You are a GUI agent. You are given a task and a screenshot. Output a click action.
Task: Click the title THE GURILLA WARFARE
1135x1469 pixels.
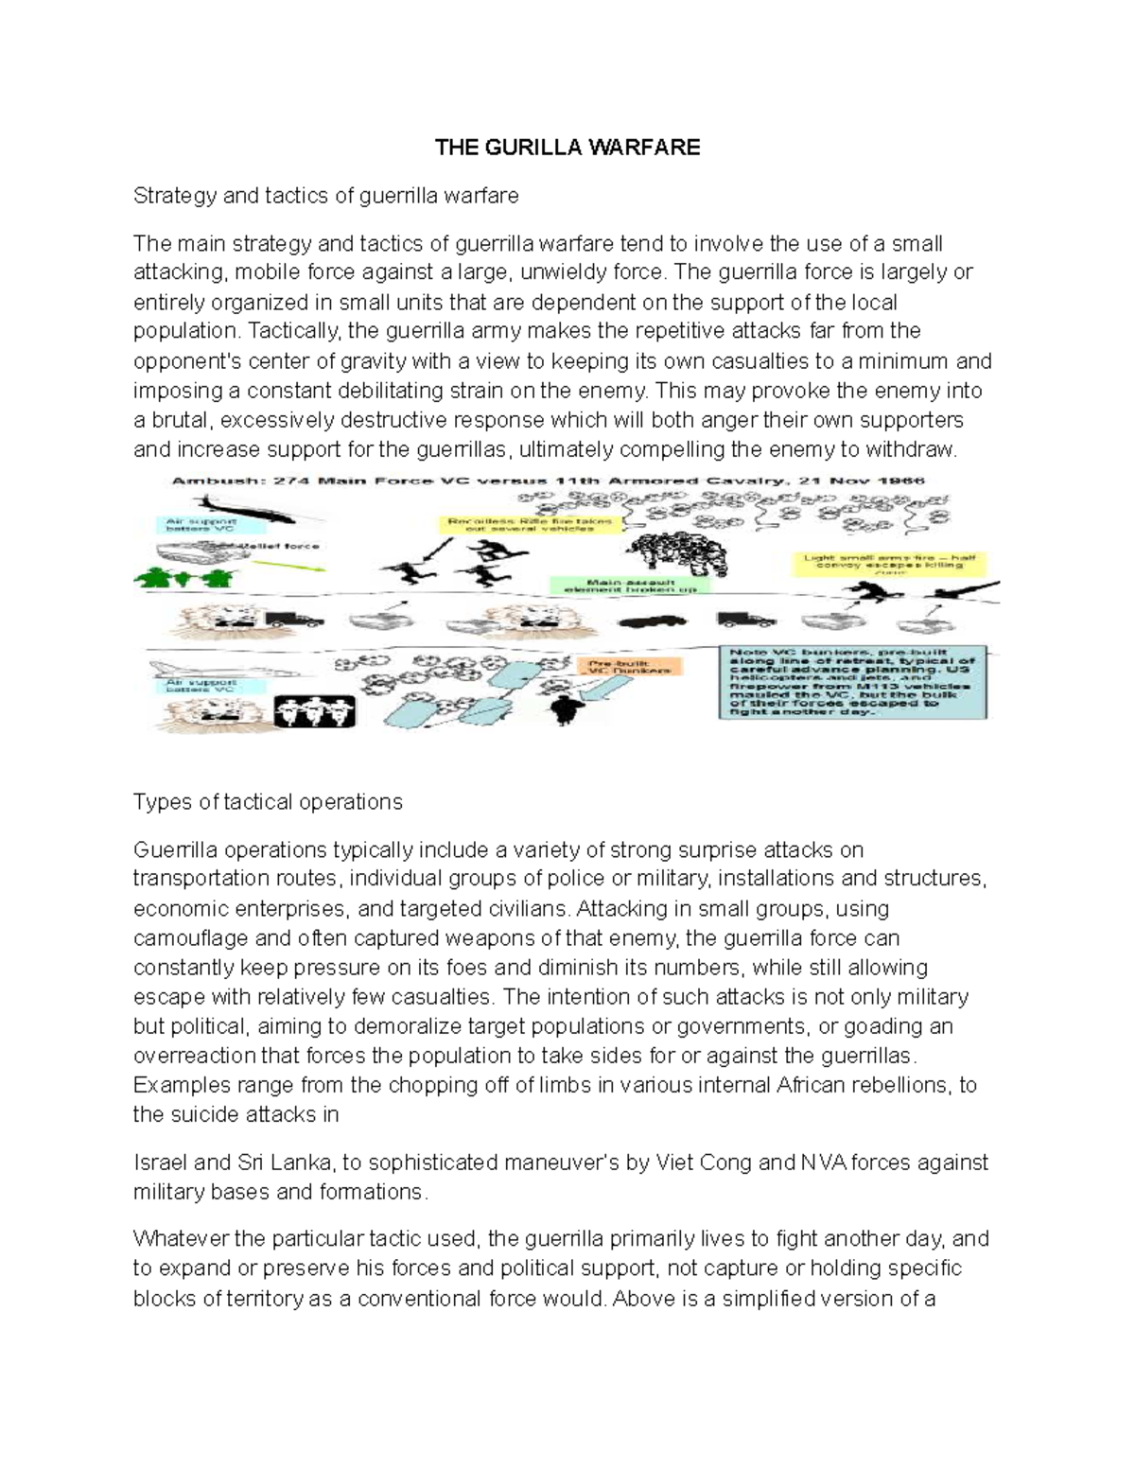click(567, 147)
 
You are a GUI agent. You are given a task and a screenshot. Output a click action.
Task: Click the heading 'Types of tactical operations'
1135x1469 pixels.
click(268, 802)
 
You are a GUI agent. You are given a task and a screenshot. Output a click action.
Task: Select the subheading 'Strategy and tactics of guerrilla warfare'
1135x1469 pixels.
click(325, 196)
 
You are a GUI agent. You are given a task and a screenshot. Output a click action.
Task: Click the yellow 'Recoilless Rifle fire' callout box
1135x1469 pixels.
click(530, 525)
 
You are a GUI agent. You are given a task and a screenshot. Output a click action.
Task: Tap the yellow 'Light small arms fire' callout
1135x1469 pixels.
click(888, 564)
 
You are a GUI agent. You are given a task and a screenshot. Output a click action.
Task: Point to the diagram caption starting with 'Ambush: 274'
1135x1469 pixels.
click(549, 481)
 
